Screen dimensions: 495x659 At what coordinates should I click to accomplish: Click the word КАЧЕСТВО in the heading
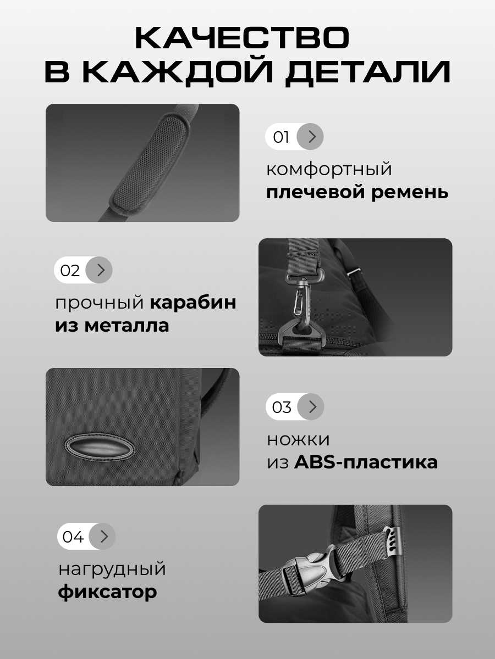[x=242, y=37]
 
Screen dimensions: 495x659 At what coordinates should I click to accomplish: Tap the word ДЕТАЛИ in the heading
[x=368, y=71]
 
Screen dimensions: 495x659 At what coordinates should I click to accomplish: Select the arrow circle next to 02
[x=99, y=270]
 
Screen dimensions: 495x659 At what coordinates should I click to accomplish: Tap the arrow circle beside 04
[x=102, y=536]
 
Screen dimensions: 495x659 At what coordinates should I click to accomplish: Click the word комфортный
[x=329, y=169]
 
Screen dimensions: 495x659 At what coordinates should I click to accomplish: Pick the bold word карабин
[x=193, y=303]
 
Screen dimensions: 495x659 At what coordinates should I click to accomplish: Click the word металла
[x=127, y=326]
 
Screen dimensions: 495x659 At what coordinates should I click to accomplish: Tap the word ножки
[x=298, y=439]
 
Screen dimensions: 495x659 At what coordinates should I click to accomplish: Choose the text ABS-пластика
[x=366, y=462]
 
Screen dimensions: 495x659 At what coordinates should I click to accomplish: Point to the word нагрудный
[x=112, y=569]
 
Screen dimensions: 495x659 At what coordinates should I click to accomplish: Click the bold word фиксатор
[x=107, y=593]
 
